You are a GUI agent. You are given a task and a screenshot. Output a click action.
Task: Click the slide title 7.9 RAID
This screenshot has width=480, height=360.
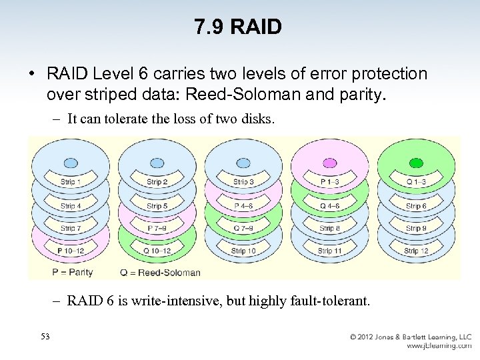[x=238, y=27]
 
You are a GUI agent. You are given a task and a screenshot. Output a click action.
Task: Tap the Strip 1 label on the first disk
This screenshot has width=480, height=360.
[x=70, y=182]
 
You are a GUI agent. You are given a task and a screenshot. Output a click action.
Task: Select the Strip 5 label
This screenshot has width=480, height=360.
[x=157, y=206]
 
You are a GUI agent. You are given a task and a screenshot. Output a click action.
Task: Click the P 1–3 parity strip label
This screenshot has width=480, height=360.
[x=329, y=182]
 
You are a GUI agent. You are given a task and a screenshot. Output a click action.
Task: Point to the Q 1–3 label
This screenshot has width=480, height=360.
[x=416, y=182]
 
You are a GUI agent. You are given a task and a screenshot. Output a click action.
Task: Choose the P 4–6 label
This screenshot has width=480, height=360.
[x=243, y=206]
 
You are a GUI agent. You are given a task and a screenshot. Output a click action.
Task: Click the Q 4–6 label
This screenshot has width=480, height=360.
[x=329, y=206]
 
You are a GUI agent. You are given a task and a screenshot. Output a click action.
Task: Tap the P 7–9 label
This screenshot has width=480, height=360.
[x=157, y=229]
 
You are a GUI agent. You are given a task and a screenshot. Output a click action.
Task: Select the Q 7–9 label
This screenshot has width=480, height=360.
[x=243, y=229]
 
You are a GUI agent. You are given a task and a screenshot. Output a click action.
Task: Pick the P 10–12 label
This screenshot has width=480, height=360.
[x=70, y=251]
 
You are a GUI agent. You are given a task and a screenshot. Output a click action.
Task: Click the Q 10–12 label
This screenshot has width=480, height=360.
[x=157, y=251]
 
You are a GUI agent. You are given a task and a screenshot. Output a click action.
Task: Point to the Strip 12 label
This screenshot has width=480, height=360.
[x=416, y=251]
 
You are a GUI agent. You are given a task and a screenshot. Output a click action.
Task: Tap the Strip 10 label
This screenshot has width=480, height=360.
[x=243, y=251]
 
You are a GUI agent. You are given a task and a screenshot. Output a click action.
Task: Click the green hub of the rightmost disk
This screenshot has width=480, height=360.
[x=416, y=162]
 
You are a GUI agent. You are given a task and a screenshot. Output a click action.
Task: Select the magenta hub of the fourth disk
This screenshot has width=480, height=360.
[x=329, y=162]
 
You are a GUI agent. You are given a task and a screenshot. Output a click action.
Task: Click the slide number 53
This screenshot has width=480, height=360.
[x=45, y=336]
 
